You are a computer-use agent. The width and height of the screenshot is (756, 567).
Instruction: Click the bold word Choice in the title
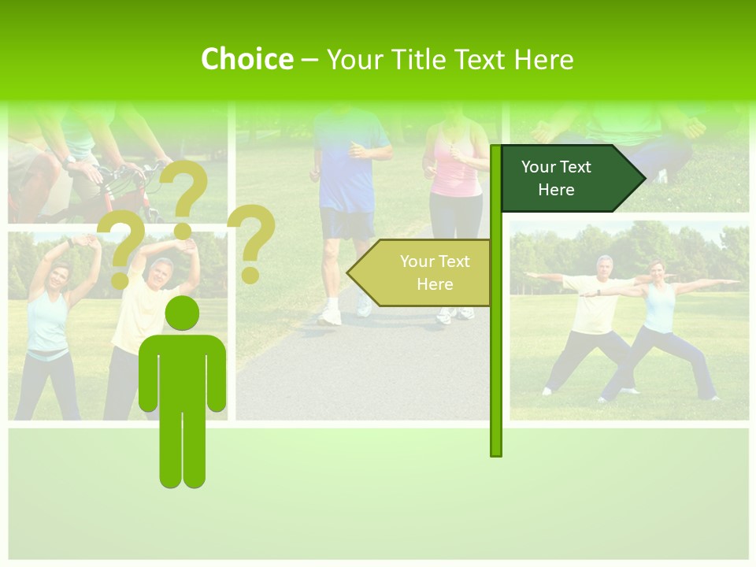246,59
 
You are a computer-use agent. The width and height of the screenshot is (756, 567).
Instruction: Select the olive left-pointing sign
421,272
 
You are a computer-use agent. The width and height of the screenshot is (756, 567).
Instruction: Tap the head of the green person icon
182,313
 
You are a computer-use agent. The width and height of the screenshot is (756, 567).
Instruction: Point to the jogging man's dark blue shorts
347,223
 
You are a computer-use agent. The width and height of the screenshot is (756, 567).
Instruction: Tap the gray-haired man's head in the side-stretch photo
161,270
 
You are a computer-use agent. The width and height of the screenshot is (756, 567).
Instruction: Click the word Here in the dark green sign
556,190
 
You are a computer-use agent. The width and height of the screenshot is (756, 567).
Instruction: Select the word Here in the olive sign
435,284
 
